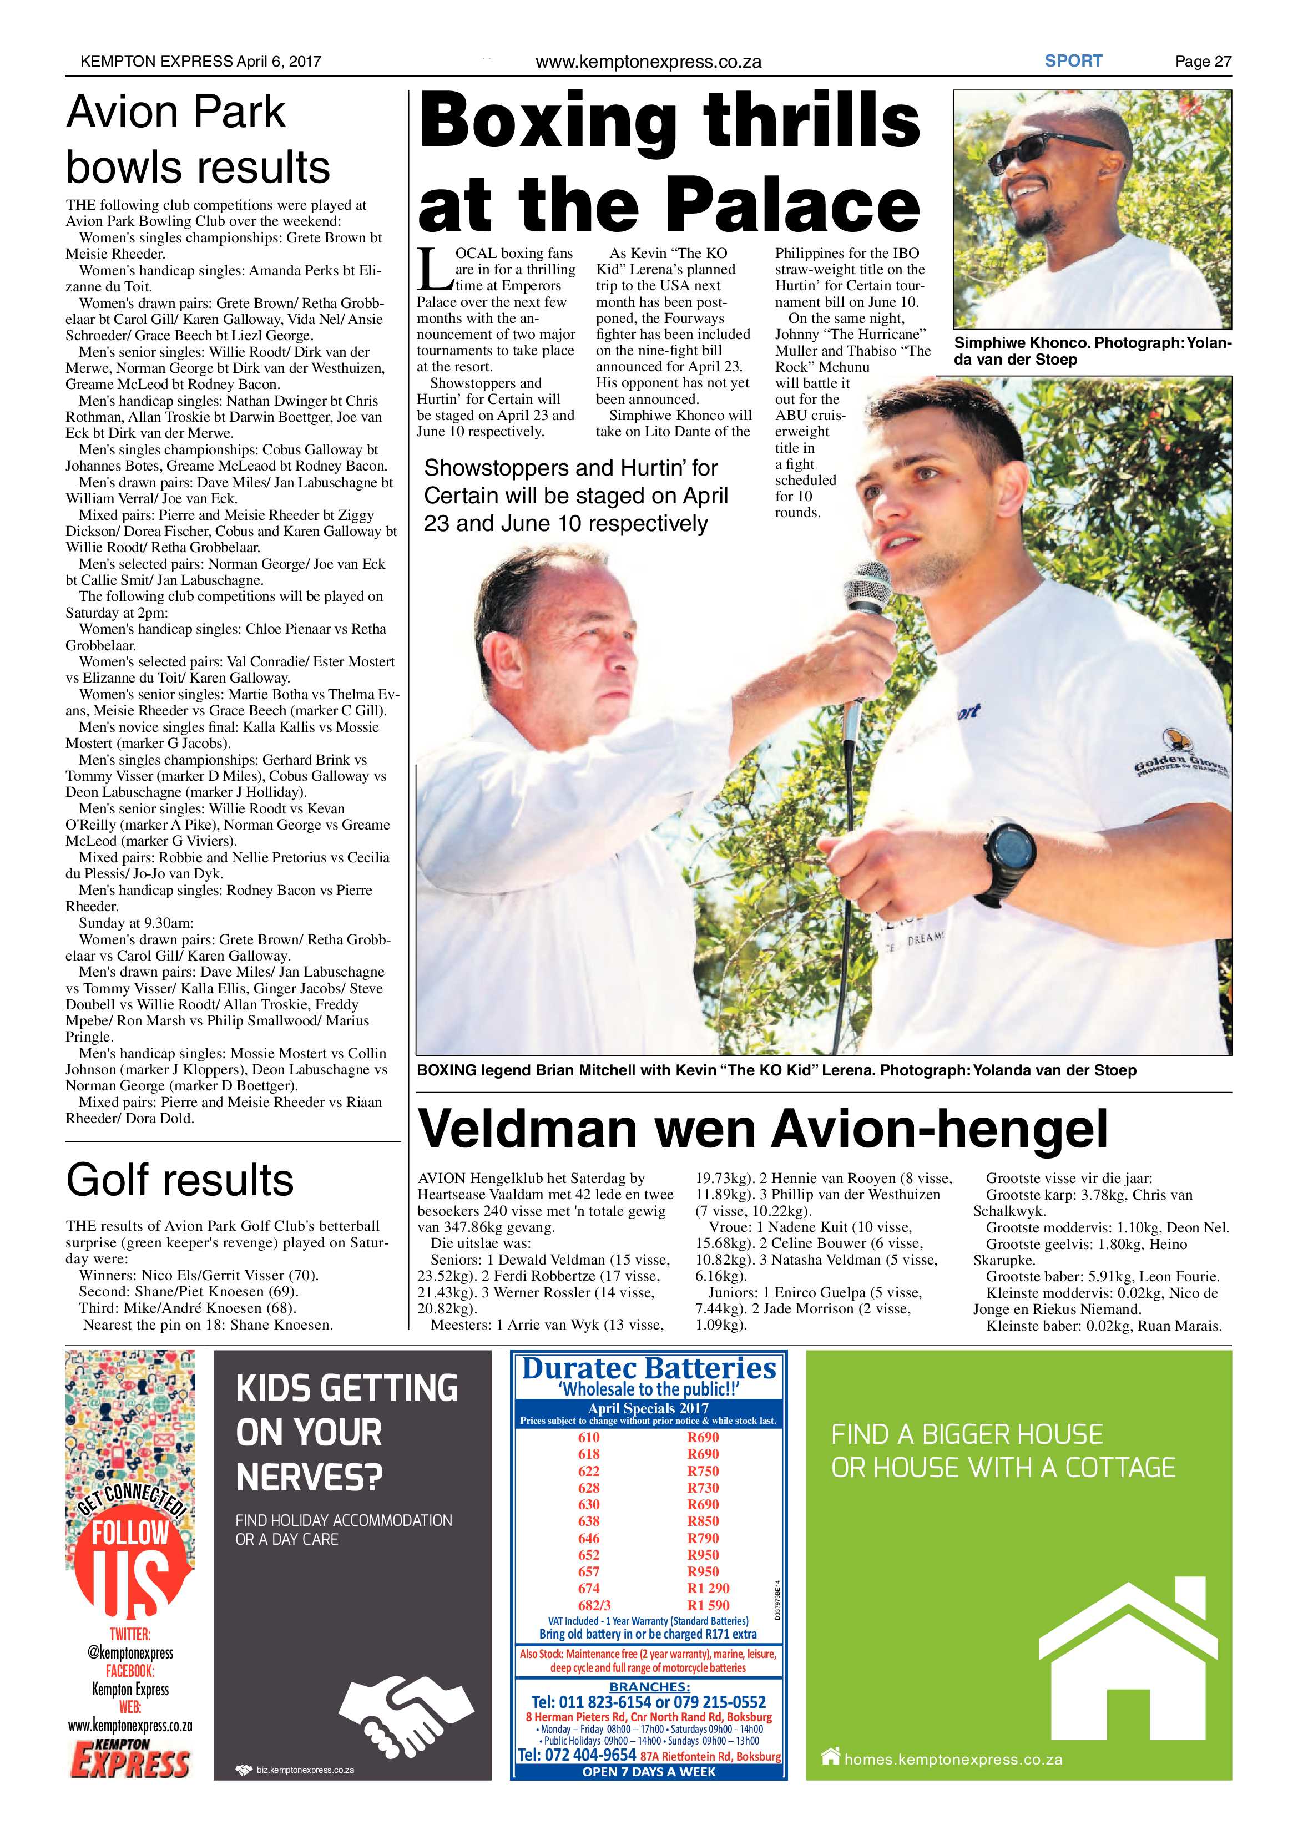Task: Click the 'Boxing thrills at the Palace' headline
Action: click(x=669, y=162)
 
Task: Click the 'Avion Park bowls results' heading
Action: click(x=198, y=140)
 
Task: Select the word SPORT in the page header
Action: click(x=1073, y=60)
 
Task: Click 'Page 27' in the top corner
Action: click(x=1202, y=62)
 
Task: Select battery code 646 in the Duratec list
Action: click(x=588, y=1538)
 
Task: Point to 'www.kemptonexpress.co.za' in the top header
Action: click(x=648, y=62)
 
